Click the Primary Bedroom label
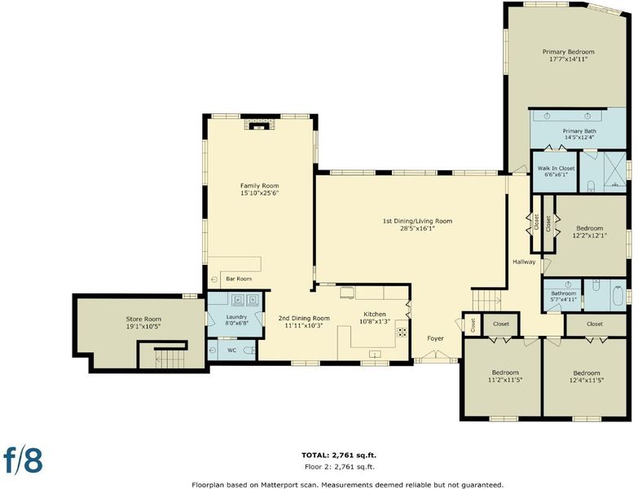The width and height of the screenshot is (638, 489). [x=569, y=51]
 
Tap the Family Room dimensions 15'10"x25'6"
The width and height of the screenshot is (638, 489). [x=260, y=193]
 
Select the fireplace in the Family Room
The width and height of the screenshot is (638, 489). [x=259, y=124]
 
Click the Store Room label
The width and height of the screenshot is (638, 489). [x=143, y=319]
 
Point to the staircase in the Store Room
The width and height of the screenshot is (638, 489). [x=171, y=359]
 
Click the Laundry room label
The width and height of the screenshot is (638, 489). [x=236, y=317]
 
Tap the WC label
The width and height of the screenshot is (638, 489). [x=231, y=350]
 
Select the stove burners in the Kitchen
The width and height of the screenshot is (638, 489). [x=402, y=332]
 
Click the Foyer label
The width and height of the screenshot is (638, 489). [x=435, y=338]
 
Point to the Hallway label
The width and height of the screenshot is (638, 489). [x=524, y=262]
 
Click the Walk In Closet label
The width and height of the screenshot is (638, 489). [x=556, y=168]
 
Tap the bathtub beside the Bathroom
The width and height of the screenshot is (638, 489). [x=618, y=296]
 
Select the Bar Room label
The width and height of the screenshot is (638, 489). [x=239, y=279]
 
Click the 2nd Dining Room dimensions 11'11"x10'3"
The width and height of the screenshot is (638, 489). [x=304, y=325]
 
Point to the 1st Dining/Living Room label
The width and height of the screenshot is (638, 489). [x=417, y=221]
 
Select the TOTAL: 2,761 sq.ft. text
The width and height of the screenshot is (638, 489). [x=341, y=456]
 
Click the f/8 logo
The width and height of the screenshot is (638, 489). [x=23, y=460]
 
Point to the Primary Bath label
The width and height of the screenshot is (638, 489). [x=579, y=131]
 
